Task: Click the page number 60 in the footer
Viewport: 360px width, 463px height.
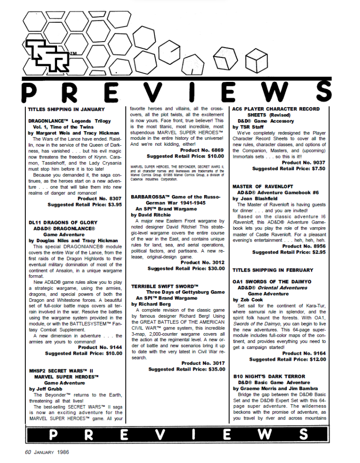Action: [x=28, y=451]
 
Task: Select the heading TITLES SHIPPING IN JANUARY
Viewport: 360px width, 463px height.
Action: [x=66, y=109]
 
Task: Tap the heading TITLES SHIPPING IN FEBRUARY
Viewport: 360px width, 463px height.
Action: [x=273, y=270]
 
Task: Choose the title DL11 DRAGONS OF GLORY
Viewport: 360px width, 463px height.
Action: [x=62, y=222]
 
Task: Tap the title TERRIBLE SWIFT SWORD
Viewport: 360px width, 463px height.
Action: [x=165, y=286]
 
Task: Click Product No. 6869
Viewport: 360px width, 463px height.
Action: [x=202, y=150]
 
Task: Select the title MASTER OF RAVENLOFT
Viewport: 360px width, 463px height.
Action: [x=263, y=186]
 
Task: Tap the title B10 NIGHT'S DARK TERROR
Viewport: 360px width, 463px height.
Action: [x=269, y=376]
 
